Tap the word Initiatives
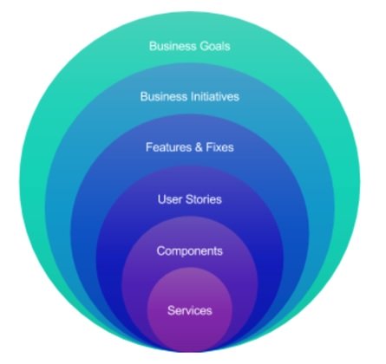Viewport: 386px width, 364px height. click(215, 96)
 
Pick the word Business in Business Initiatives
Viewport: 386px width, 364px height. click(164, 96)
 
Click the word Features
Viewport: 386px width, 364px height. click(168, 147)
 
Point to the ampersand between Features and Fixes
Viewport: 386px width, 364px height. click(199, 147)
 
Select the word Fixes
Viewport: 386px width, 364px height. click(219, 147)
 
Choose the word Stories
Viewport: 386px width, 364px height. click(204, 199)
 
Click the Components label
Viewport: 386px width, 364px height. click(190, 250)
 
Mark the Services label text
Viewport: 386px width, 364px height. click(190, 310)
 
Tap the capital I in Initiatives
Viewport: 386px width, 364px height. click(193, 96)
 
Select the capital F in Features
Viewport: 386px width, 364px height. click(149, 147)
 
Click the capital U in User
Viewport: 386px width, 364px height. click(161, 199)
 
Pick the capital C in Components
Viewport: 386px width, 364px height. click(161, 250)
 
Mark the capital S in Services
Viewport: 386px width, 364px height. click(171, 310)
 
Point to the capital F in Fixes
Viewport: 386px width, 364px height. click(209, 147)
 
